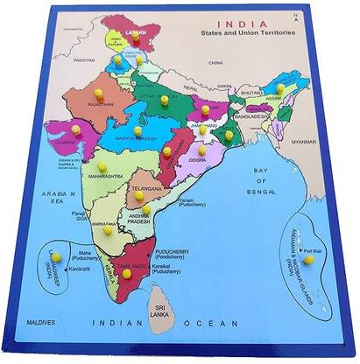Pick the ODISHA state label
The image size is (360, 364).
[196, 159]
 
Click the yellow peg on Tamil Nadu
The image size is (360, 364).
[127, 273]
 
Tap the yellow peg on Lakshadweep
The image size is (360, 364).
[55, 256]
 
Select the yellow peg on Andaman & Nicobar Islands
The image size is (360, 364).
[308, 259]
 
